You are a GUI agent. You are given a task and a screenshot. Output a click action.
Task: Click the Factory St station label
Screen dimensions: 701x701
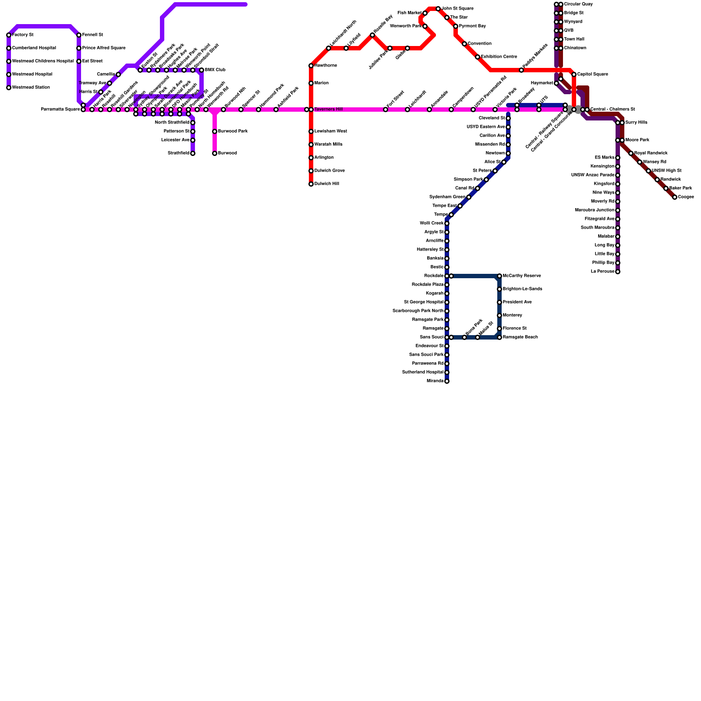point(23,35)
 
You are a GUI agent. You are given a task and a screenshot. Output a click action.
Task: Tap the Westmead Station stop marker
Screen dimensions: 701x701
point(9,88)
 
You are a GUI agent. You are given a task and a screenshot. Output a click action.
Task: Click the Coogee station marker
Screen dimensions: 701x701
point(675,197)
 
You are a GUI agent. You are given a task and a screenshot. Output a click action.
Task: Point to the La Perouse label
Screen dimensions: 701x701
point(602,272)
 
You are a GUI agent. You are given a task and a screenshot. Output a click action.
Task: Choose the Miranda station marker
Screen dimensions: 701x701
point(447,381)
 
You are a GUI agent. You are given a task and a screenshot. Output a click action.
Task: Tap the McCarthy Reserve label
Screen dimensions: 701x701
point(522,276)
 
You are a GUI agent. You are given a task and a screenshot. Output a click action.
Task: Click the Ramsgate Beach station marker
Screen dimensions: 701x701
point(499,337)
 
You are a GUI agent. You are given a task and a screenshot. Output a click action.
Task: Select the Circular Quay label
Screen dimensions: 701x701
point(578,4)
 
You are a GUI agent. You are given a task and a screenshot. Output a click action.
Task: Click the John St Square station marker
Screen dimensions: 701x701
point(438,9)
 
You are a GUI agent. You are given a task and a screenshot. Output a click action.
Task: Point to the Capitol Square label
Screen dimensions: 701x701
point(592,74)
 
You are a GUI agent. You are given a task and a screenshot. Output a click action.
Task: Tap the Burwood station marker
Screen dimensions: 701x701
point(215,153)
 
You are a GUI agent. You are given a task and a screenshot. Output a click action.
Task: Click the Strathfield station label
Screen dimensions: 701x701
point(178,153)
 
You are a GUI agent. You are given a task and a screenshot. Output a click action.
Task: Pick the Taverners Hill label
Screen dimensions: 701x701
point(329,110)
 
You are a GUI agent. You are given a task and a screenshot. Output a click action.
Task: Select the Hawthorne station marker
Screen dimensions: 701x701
point(311,66)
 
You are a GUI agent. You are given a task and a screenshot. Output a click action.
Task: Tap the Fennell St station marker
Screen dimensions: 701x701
point(79,35)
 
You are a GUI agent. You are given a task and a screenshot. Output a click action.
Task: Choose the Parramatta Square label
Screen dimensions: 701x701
point(60,110)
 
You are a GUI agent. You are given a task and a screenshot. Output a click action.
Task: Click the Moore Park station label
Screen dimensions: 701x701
point(637,140)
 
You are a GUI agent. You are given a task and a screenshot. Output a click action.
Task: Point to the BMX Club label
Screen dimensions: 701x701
point(215,70)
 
